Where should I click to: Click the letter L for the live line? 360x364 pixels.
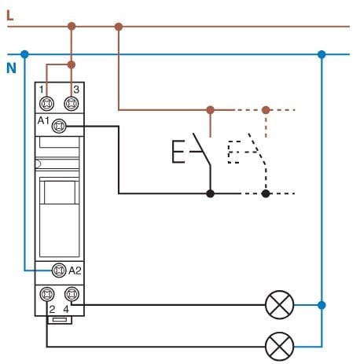(9, 16)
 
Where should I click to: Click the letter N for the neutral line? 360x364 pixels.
(11, 68)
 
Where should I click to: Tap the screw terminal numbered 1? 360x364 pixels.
(47, 104)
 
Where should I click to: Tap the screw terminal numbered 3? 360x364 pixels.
(72, 104)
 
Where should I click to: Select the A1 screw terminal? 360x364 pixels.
(59, 126)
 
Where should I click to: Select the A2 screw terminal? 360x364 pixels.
(59, 270)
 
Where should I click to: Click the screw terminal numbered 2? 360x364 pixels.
(47, 294)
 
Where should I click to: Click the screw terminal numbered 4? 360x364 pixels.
(72, 294)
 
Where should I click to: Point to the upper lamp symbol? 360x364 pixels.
(279, 305)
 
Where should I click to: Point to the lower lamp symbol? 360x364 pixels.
(279, 347)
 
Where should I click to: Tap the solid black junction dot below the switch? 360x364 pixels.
(210, 193)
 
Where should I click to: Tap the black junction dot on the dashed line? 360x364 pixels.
(266, 193)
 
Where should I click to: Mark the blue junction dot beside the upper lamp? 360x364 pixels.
(321, 305)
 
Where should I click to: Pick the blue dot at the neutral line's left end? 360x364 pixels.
(24, 54)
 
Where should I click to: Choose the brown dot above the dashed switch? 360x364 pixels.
(266, 110)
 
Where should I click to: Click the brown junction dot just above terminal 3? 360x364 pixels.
(72, 64)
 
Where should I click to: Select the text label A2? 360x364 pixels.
(75, 270)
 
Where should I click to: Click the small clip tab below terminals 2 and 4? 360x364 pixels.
(59, 320)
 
